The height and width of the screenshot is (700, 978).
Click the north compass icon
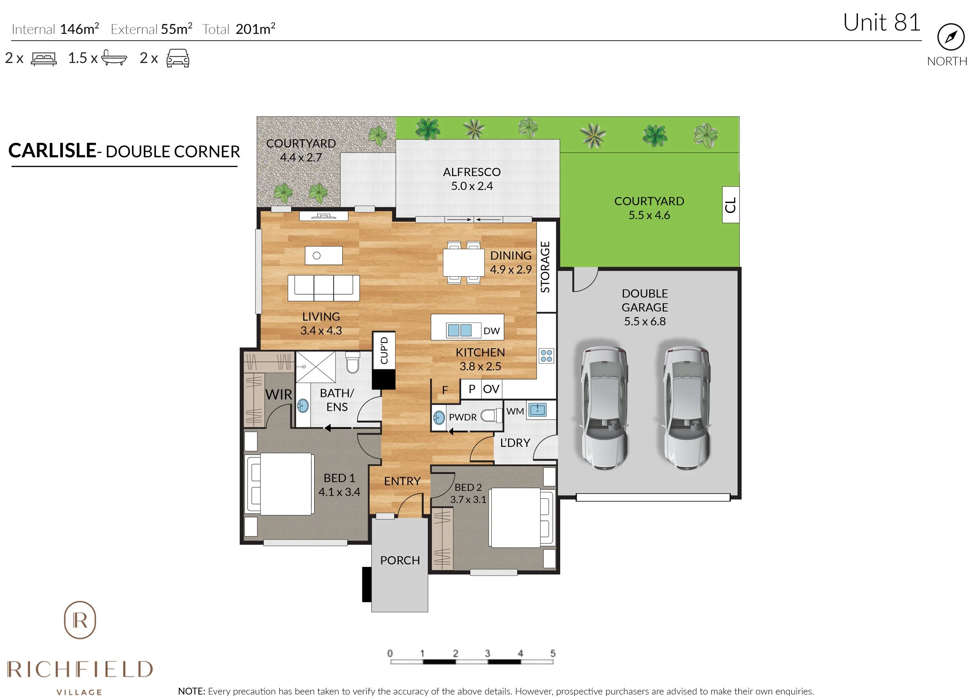click(x=951, y=37)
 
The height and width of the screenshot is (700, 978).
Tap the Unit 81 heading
click(x=881, y=22)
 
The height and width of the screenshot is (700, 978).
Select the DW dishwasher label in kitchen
click(x=491, y=331)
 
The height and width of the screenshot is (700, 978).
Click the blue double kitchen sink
click(x=459, y=330)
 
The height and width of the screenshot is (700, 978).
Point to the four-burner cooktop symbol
click(x=546, y=356)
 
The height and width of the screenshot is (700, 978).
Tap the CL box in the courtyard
click(x=730, y=205)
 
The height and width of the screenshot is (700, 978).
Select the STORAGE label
click(x=545, y=267)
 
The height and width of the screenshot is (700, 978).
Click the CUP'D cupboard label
click(x=384, y=350)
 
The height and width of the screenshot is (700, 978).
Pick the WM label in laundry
click(x=515, y=411)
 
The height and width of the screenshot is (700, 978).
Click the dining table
click(x=463, y=263)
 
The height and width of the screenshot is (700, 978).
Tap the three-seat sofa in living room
click(x=323, y=288)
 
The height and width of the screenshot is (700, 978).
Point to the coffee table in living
click(x=324, y=255)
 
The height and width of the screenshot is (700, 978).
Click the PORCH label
click(x=399, y=560)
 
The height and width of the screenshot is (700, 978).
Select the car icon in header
click(x=178, y=58)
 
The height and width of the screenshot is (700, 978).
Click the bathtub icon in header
click(x=114, y=58)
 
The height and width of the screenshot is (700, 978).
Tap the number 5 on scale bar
click(x=552, y=653)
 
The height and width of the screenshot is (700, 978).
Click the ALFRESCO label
click(x=471, y=172)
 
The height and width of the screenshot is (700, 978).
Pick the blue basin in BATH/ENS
click(x=303, y=405)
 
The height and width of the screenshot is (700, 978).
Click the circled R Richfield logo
click(x=80, y=620)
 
